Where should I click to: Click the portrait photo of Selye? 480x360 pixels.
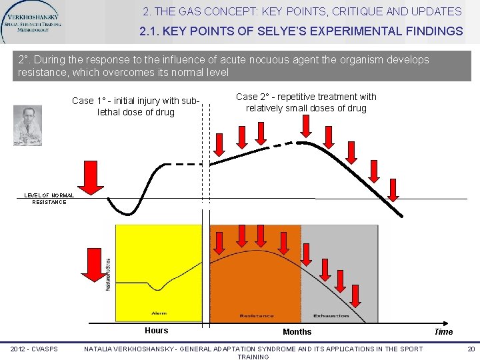tap(27, 126)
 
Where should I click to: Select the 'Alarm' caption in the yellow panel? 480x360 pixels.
tap(159, 313)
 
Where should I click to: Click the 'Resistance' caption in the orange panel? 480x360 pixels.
tap(257, 315)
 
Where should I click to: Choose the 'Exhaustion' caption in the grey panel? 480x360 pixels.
tap(331, 315)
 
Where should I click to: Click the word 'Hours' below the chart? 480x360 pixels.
tap(157, 331)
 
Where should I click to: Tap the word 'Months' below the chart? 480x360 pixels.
tap(297, 331)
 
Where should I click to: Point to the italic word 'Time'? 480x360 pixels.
tap(443, 331)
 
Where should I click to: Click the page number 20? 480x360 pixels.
tap(471, 349)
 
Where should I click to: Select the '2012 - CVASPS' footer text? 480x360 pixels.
tap(34, 349)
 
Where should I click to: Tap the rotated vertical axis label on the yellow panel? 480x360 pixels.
tap(109, 273)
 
